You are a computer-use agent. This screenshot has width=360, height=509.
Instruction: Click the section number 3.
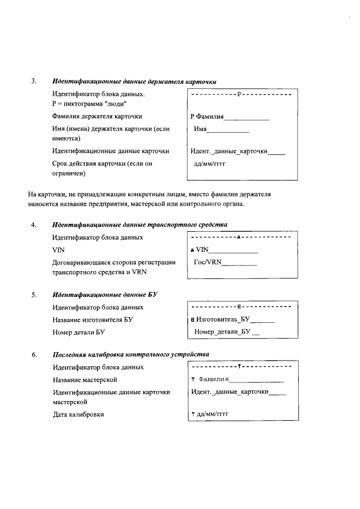click(x=34, y=82)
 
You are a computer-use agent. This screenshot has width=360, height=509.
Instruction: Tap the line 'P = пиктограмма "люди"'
click(x=89, y=104)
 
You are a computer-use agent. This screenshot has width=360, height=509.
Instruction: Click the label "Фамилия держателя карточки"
click(x=97, y=116)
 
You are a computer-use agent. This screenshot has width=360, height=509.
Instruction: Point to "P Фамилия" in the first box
click(x=208, y=117)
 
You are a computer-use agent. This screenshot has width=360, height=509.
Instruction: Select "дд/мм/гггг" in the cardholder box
click(x=213, y=165)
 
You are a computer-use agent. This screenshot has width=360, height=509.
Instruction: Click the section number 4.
click(x=34, y=225)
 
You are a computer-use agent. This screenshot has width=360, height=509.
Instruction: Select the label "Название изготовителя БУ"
click(x=93, y=320)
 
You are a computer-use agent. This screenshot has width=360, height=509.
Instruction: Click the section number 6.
click(x=34, y=355)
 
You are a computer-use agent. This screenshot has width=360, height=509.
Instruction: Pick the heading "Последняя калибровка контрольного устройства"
click(x=131, y=355)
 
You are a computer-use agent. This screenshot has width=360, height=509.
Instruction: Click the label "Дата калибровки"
click(x=78, y=415)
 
